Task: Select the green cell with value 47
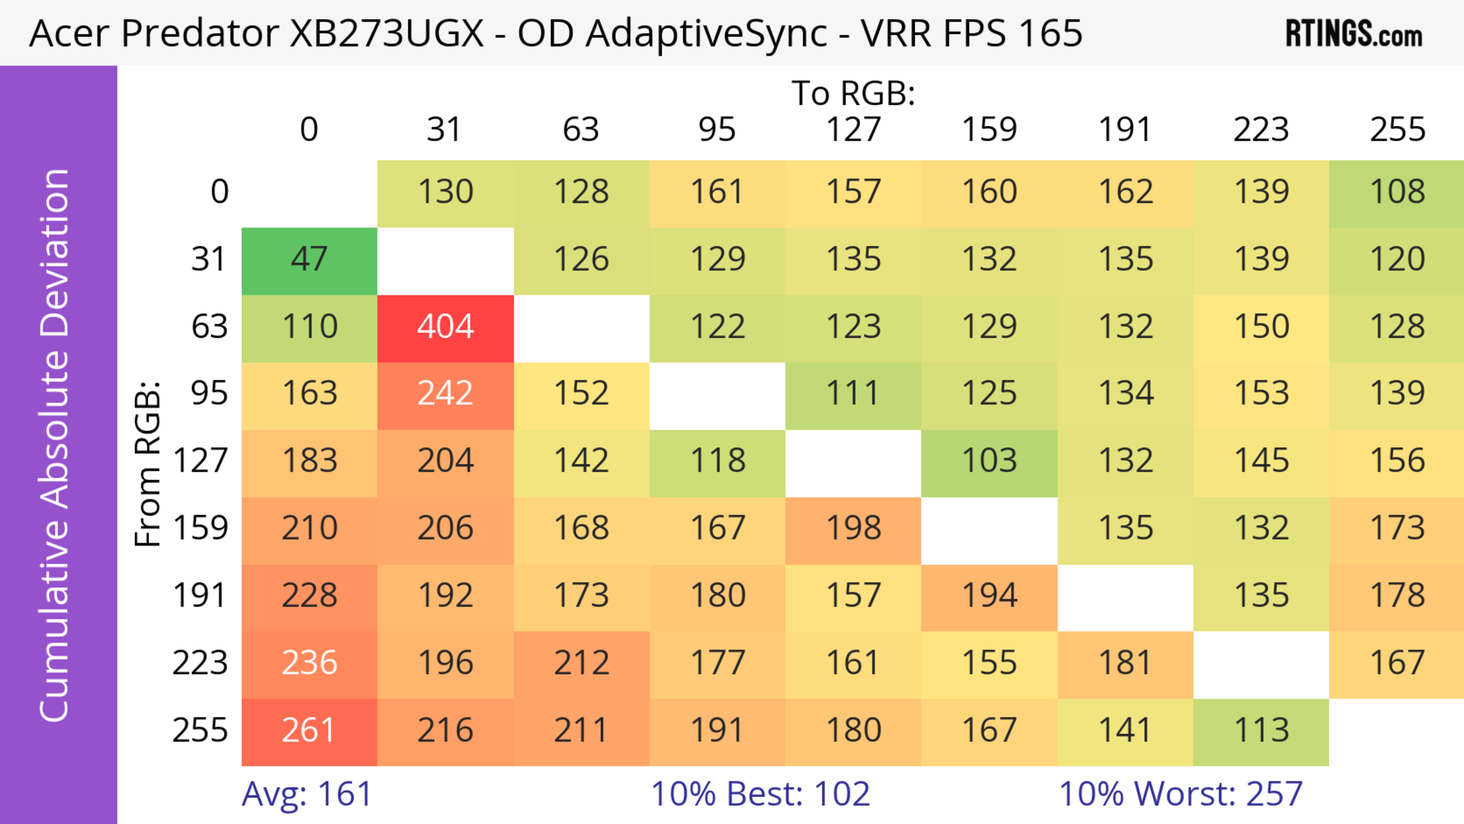click(309, 260)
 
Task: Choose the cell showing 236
click(309, 663)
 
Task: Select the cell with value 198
click(853, 528)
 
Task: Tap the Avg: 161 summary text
click(307, 794)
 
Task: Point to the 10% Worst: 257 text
click(1180, 794)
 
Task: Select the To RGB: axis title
click(853, 93)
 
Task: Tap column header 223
click(1261, 130)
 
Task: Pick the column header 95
click(717, 130)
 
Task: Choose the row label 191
click(200, 596)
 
